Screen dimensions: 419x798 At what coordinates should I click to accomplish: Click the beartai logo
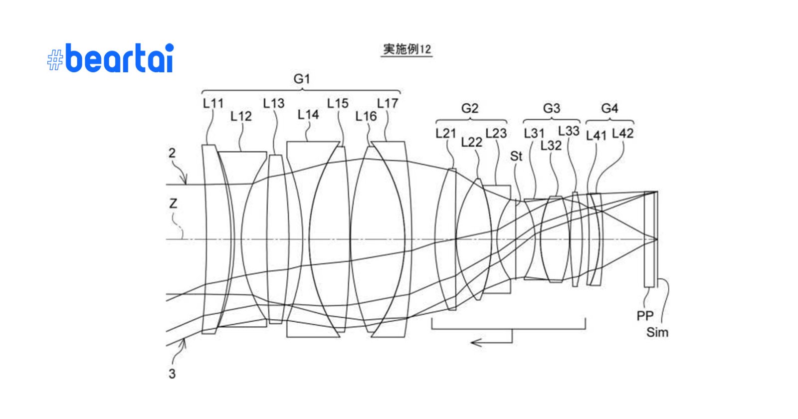pyautogui.click(x=111, y=58)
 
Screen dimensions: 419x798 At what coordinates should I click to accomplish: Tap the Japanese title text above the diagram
pyautogui.click(x=406, y=49)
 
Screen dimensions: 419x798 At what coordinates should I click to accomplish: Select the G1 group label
pyautogui.click(x=302, y=79)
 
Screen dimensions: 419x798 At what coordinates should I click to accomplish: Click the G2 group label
pyautogui.click(x=469, y=108)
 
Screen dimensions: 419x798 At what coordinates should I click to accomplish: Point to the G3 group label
pyautogui.click(x=551, y=108)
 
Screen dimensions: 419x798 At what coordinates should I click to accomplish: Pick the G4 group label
pyautogui.click(x=609, y=108)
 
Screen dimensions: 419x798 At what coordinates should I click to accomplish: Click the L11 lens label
pyautogui.click(x=213, y=103)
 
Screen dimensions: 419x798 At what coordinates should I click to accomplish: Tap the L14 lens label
pyautogui.click(x=308, y=115)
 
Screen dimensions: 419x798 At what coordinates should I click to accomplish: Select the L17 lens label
pyautogui.click(x=388, y=103)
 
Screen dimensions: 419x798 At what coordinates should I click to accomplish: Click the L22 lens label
pyautogui.click(x=471, y=142)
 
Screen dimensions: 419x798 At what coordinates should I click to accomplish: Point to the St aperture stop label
pyautogui.click(x=516, y=156)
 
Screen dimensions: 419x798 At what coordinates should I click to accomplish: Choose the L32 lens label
pyautogui.click(x=551, y=145)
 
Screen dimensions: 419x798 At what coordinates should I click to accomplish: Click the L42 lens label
pyautogui.click(x=622, y=133)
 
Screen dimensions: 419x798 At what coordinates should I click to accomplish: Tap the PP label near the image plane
pyautogui.click(x=644, y=316)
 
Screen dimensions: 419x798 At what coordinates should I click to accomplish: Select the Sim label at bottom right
pyautogui.click(x=657, y=332)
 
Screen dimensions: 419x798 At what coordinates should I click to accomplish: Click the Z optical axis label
pyautogui.click(x=173, y=204)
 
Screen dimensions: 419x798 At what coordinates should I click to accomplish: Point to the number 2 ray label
pyautogui.click(x=172, y=153)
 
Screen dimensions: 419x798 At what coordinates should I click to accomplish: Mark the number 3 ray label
pyautogui.click(x=172, y=374)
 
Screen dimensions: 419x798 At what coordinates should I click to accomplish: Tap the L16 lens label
pyautogui.click(x=366, y=116)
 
